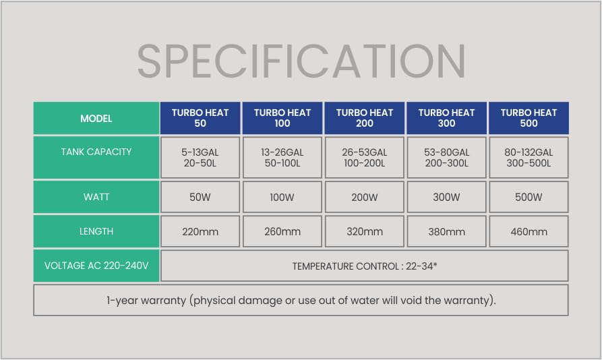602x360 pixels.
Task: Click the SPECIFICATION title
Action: [x=301, y=61]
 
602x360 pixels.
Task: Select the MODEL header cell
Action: [x=96, y=118]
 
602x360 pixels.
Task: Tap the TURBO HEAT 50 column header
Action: [x=200, y=118]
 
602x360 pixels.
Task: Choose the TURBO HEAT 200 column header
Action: [x=364, y=118]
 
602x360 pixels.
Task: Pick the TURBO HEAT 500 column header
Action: [x=529, y=118]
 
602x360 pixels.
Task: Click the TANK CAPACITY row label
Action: [x=96, y=157]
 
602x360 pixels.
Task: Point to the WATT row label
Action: [x=96, y=197]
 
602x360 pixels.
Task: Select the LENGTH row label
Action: [x=96, y=231]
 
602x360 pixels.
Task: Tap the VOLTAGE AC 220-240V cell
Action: [x=96, y=266]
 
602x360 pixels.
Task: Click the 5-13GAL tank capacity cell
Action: [x=200, y=157]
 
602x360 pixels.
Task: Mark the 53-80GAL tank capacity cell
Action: [x=446, y=157]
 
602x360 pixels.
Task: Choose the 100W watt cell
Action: [x=282, y=197]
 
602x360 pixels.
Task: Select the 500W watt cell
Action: [x=529, y=197]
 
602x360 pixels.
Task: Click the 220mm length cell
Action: [x=200, y=231]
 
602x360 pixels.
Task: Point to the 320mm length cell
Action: [x=364, y=231]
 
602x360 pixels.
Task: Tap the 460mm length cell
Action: [x=529, y=231]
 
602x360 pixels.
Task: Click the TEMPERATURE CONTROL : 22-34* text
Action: [x=364, y=266]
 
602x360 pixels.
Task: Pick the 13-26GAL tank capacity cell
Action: [x=282, y=157]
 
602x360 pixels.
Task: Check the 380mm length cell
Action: [x=446, y=231]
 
